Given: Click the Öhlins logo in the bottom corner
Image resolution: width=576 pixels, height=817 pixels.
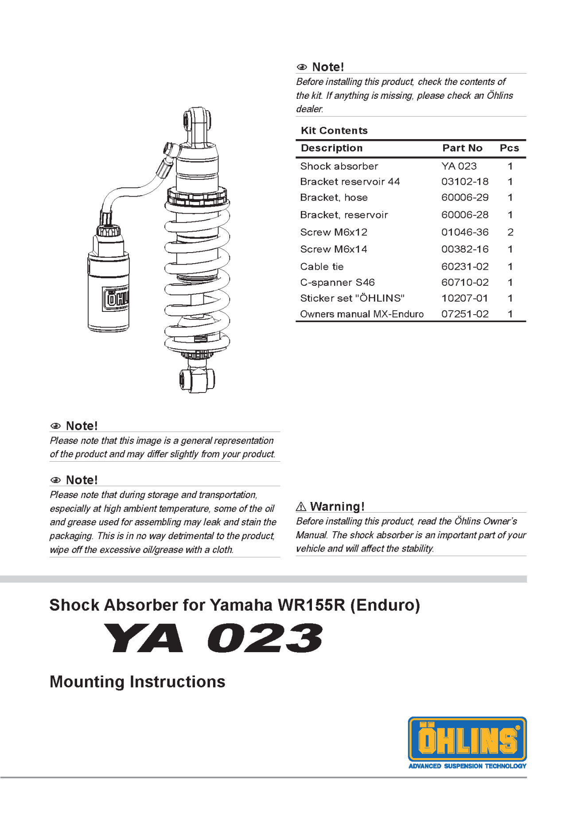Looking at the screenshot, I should (x=467, y=739).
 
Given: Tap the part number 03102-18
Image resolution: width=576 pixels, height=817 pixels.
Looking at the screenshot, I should (x=465, y=182).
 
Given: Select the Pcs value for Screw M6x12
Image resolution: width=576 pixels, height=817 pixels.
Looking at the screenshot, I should (x=510, y=232).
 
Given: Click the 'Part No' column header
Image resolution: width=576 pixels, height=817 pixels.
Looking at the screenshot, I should (x=462, y=148).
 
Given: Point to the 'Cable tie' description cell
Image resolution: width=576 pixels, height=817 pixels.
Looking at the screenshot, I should (x=322, y=267).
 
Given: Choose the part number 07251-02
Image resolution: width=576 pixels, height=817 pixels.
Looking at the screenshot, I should (x=465, y=314).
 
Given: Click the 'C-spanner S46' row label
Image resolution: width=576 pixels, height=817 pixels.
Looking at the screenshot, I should (x=337, y=283).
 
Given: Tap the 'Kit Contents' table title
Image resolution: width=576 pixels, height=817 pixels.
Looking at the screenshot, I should (x=334, y=131).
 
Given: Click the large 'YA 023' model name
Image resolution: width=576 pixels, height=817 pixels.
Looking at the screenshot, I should (x=213, y=638).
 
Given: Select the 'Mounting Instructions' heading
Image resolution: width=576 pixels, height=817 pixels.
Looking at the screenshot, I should (x=137, y=681).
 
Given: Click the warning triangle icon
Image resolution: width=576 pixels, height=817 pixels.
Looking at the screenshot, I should (x=301, y=506).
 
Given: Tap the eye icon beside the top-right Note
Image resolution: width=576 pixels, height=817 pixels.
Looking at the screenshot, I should (x=302, y=67).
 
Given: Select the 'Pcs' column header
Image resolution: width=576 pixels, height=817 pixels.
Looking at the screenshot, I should (x=509, y=148).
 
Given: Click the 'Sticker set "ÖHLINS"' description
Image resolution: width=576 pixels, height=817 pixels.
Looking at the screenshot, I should (x=352, y=298).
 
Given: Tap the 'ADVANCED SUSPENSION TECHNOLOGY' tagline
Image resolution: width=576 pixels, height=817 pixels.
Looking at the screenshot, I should (x=467, y=766).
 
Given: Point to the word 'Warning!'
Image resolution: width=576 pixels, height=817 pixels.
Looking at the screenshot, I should (x=337, y=506).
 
